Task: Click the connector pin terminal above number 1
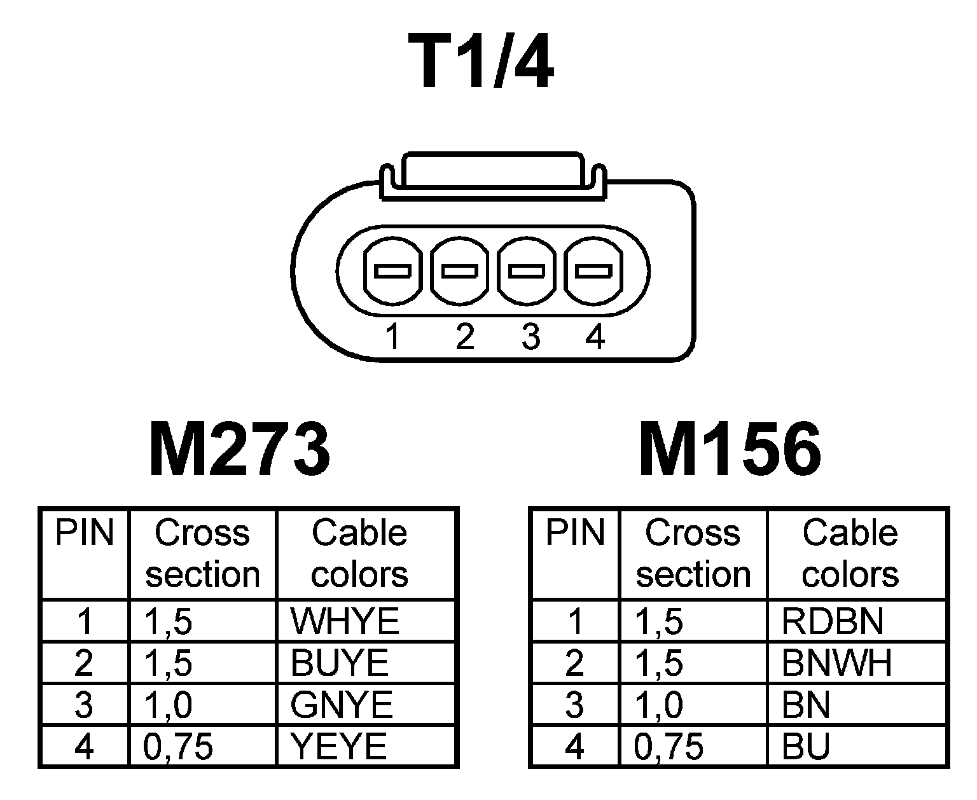coord(392,271)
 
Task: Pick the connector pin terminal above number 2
coord(461,271)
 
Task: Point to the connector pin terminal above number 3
coord(527,271)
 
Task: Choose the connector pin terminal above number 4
coord(594,271)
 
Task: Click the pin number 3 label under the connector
coord(530,336)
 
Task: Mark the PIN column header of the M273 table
coord(84,533)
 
